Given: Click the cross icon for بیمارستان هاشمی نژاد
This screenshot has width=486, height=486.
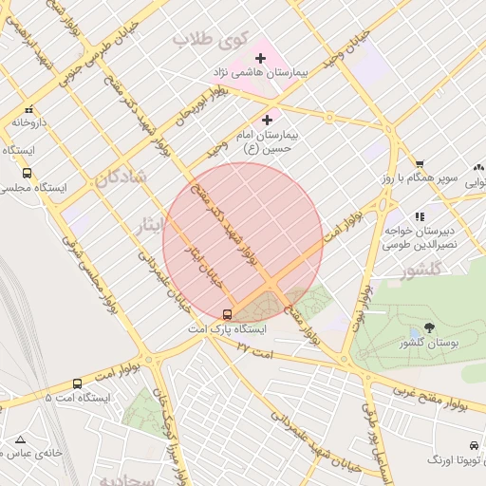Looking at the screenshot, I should [x=260, y=59].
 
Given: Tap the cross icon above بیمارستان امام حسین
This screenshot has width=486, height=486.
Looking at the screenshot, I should [x=267, y=120].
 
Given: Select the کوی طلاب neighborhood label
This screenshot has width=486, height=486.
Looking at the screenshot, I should [x=210, y=40].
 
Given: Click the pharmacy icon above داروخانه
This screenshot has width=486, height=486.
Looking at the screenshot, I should [x=28, y=110].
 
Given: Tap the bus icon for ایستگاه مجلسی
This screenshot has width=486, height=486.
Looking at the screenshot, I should [x=27, y=173].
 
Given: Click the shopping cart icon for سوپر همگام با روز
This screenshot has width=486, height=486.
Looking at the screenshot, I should [x=420, y=164].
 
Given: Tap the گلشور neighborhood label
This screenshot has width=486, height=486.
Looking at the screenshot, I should [x=421, y=271].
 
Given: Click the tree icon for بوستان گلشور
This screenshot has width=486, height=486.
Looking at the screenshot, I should [x=429, y=327].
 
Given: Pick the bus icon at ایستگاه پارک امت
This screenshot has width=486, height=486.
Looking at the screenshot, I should [x=227, y=314].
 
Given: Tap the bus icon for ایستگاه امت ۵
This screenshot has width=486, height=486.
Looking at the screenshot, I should [x=77, y=383].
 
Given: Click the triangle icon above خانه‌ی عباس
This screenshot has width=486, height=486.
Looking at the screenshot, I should [x=20, y=439].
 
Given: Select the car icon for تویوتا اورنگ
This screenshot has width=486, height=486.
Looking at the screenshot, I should [x=473, y=445].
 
